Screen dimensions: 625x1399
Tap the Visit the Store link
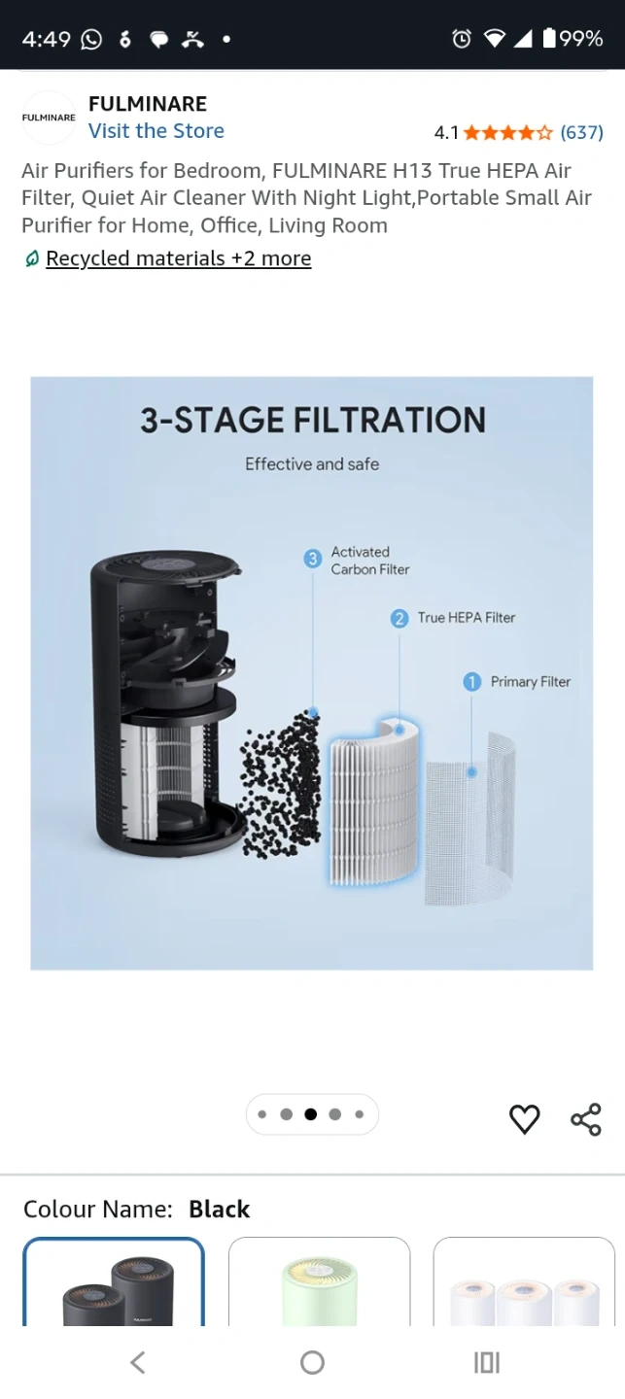[156, 131]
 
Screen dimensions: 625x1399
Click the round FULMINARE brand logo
[49, 118]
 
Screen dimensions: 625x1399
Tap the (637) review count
[581, 132]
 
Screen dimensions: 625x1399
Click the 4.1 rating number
[446, 132]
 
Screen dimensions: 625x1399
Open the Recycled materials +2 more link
[179, 258]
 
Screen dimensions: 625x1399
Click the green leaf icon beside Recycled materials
[32, 258]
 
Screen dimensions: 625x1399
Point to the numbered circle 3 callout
[313, 558]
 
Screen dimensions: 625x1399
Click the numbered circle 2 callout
[399, 618]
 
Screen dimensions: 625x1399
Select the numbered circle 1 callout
[471, 681]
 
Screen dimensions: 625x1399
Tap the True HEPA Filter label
[467, 618]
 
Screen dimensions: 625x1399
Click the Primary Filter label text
[531, 681]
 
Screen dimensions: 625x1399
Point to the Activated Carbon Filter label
[370, 561]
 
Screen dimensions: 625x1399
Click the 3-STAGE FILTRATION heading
[313, 420]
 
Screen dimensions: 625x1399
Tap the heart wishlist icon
[524, 1118]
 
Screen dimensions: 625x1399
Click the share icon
[586, 1118]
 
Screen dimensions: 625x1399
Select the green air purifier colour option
[320, 1282]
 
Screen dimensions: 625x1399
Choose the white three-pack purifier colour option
[524, 1282]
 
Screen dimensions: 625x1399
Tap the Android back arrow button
[137, 1362]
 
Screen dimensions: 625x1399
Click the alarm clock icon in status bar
[462, 39]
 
